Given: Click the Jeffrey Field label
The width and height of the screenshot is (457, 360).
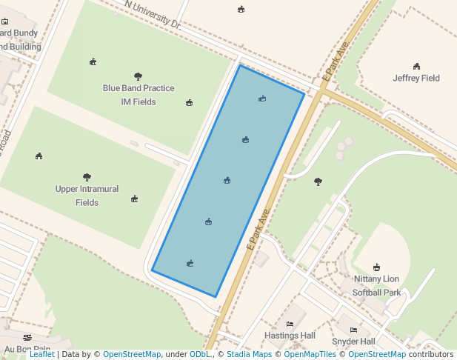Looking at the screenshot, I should [416, 78].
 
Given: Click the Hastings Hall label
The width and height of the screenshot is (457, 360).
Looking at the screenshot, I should [290, 336].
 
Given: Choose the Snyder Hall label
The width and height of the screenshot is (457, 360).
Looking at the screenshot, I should [353, 341].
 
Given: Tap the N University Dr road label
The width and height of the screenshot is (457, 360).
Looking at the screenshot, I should [153, 15].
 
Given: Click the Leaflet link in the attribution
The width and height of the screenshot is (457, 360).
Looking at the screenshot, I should [41, 354].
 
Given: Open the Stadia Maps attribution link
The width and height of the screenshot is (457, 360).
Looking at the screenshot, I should [247, 354].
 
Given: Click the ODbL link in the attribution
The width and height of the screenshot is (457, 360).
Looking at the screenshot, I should [200, 354].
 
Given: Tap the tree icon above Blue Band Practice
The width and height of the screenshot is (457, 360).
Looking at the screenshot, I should [138, 76].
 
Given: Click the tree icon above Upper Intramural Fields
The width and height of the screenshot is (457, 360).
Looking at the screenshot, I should [87, 177].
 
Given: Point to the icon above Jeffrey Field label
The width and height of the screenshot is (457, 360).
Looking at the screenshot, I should [416, 66].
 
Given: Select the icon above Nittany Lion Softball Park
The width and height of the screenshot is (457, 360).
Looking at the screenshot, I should [376, 267].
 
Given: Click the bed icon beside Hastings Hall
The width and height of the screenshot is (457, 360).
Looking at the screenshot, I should [290, 324].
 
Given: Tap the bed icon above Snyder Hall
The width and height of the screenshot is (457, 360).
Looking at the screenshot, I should [353, 330].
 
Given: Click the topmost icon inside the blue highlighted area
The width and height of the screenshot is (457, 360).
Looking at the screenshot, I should [262, 99].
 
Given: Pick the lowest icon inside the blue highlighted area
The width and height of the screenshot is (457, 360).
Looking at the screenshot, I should [190, 263].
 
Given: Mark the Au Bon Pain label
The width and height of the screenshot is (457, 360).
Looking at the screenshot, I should [27, 349].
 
